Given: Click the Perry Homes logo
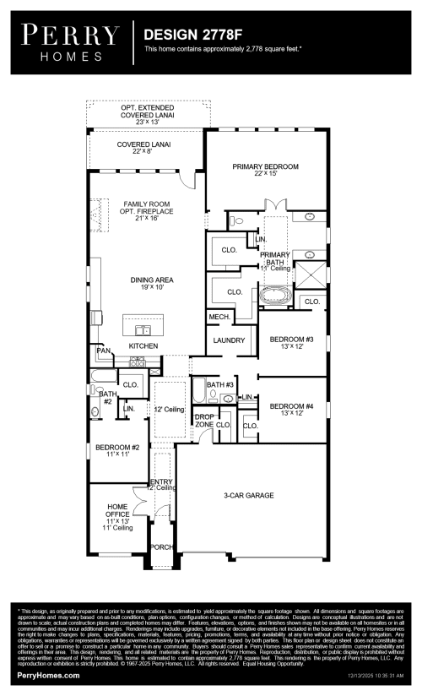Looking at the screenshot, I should tap(70, 41).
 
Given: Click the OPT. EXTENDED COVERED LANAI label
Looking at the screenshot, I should tap(147, 114).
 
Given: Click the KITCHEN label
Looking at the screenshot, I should tap(143, 346).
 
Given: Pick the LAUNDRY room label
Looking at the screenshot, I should tap(229, 341).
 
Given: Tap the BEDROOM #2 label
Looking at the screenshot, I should tap(111, 450).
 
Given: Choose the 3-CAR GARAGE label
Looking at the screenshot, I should tap(249, 496).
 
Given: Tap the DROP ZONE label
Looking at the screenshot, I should tap(204, 421).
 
